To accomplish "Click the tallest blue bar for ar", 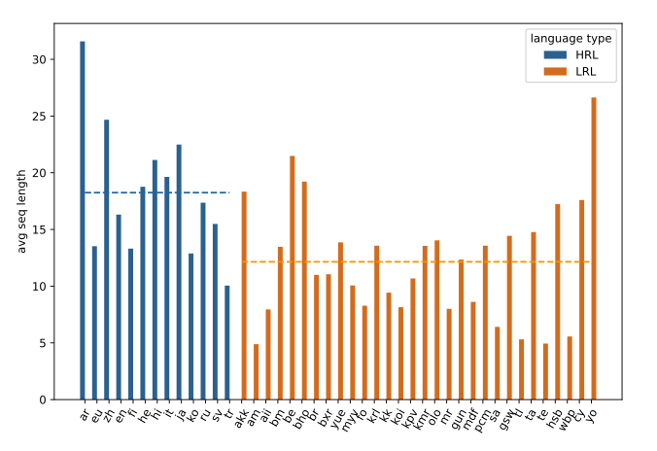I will click(x=83, y=221).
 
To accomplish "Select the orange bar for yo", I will click(x=594, y=248).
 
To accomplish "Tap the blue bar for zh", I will click(x=107, y=260).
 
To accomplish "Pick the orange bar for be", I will click(x=292, y=277).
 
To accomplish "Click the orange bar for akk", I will click(x=244, y=295).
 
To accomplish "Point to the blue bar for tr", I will click(x=227, y=342).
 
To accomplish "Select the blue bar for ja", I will click(x=179, y=272).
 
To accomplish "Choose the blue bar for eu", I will click(x=94, y=323).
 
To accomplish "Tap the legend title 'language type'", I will click(x=571, y=37).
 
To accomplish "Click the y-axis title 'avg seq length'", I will click(x=21, y=211).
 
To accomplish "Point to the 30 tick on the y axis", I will click(x=53, y=60).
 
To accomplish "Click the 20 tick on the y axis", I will click(x=53, y=173).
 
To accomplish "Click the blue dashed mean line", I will click(x=156, y=192).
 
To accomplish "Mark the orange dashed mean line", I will click(x=418, y=261).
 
